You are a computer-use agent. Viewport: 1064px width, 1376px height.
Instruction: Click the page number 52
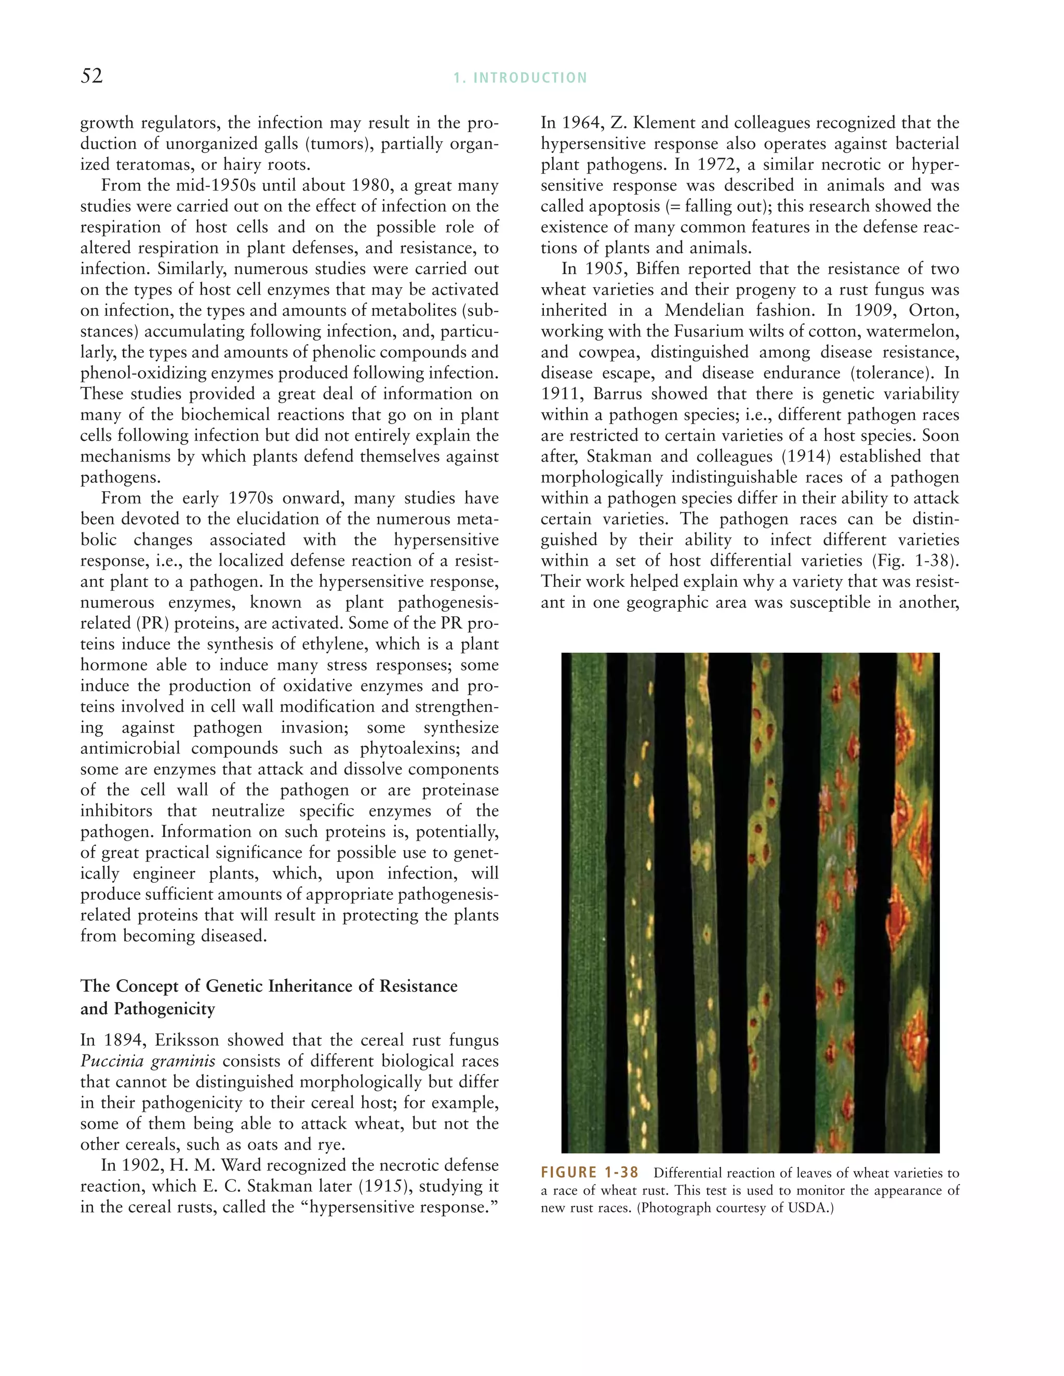pyautogui.click(x=91, y=76)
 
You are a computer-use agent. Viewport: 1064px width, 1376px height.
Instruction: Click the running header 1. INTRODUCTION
pyautogui.click(x=520, y=78)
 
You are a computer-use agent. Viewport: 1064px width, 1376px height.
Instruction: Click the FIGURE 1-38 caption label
pyautogui.click(x=589, y=1172)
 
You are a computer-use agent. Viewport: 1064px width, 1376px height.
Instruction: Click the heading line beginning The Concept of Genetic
pyautogui.click(x=269, y=986)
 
